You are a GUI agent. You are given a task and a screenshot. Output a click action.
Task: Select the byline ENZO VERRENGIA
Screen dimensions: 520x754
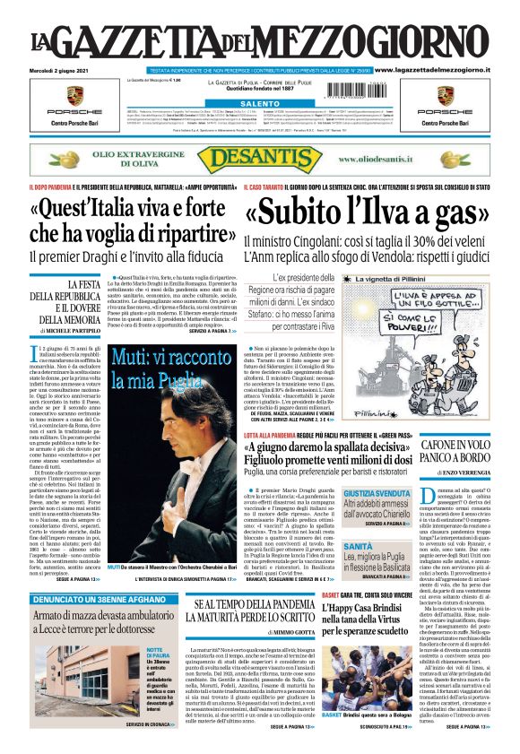(460, 472)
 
